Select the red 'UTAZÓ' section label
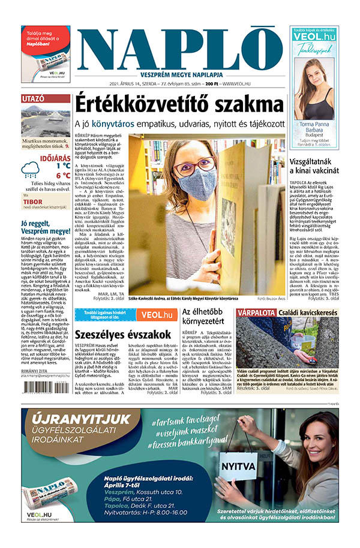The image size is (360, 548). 32,99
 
